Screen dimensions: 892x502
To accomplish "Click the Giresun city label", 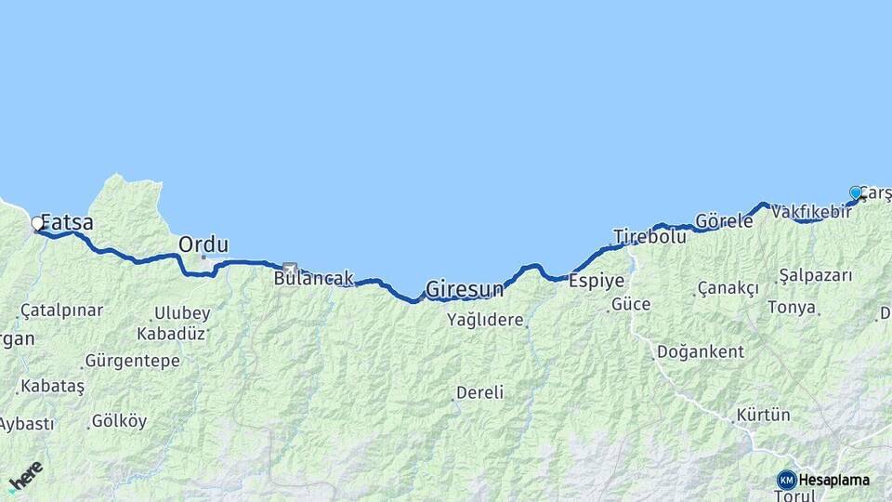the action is point(465,288).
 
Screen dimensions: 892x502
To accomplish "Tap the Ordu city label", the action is point(203,244).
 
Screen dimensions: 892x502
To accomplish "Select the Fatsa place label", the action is point(68,223).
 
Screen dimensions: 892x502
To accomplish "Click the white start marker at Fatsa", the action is point(37,223).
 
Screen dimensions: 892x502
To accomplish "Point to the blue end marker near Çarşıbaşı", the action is point(856,192).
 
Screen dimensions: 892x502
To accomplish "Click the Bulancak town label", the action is point(313,278).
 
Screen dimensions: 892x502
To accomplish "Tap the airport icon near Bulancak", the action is point(290,269).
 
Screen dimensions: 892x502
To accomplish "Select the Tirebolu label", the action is point(649,236).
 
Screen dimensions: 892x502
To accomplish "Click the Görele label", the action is point(724,221).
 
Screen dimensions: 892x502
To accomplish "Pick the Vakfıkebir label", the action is point(811,212).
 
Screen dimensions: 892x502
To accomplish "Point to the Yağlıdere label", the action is point(485,320).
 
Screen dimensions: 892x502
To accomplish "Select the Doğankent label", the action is point(701,351).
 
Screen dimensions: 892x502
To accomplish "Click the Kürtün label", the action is point(763,415).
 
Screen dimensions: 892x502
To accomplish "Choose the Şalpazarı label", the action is point(816,275).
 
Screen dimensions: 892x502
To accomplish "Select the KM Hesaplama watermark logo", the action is point(823,480).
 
